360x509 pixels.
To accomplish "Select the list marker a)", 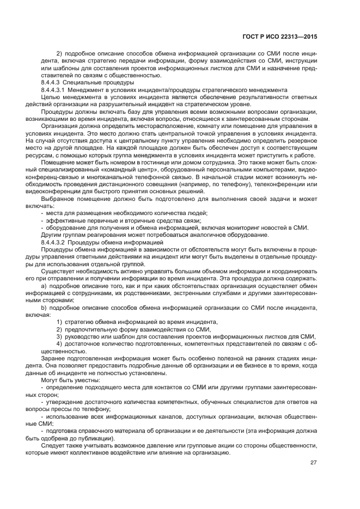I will [x=45, y=285].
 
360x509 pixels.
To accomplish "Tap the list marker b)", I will [x=45, y=308].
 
